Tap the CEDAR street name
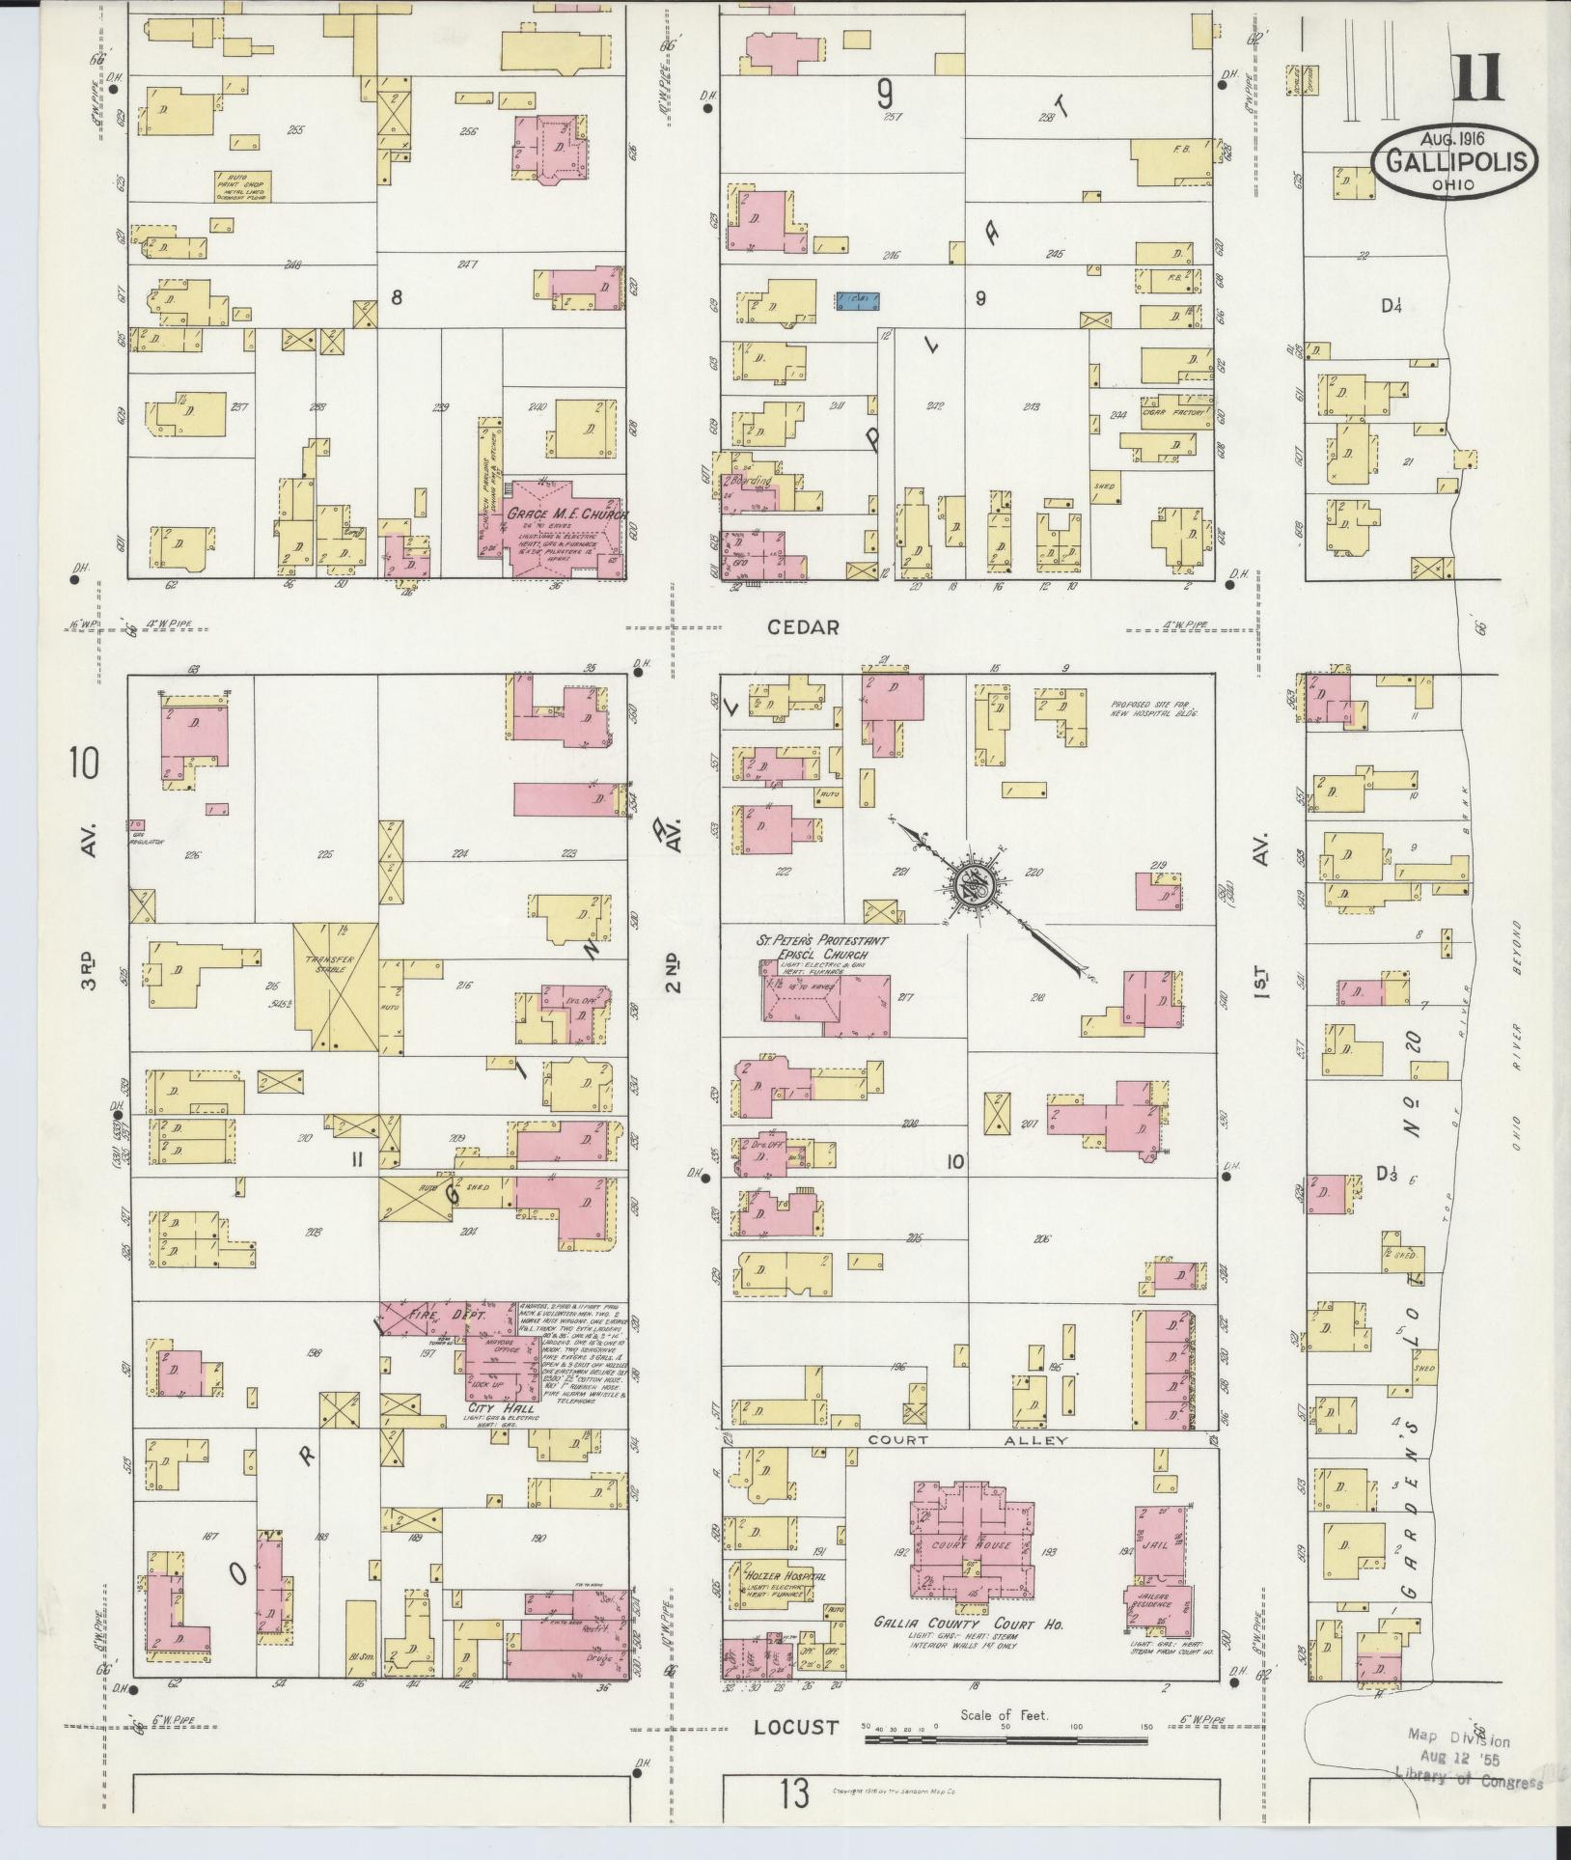803,626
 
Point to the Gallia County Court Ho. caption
969,1624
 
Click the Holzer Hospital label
785,1575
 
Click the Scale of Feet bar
1006,1740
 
